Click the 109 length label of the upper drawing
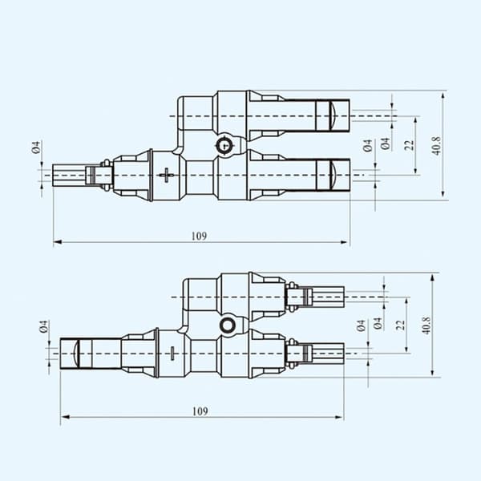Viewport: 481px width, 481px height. pyautogui.click(x=200, y=236)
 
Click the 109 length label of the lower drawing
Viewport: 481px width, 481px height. pyautogui.click(x=200, y=411)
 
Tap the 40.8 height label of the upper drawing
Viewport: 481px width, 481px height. pyautogui.click(x=437, y=146)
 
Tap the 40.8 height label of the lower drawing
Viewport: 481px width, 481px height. pyautogui.click(x=426, y=325)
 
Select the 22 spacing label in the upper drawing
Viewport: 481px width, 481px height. pyautogui.click(x=409, y=145)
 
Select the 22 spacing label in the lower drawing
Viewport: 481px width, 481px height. pyautogui.click(x=400, y=325)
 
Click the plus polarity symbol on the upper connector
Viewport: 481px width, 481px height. pyautogui.click(x=167, y=175)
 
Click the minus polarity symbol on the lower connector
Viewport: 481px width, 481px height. pyautogui.click(x=172, y=354)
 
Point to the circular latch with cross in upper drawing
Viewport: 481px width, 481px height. pyautogui.click(x=224, y=145)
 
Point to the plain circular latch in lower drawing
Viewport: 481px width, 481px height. pyautogui.click(x=228, y=325)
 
